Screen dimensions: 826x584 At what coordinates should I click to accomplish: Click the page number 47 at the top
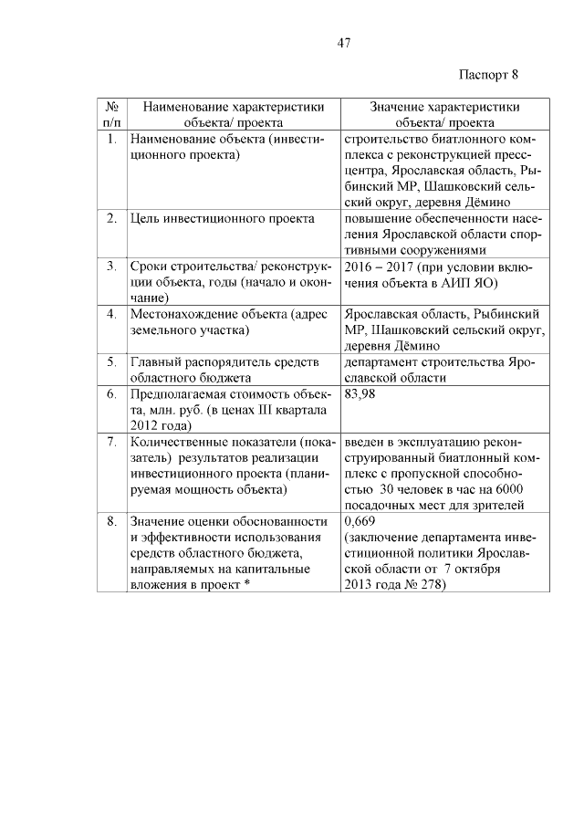[344, 42]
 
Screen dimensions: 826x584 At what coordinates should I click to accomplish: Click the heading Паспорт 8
[487, 74]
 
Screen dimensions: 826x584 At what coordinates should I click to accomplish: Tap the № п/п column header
[111, 113]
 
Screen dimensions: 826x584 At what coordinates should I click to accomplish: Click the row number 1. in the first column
[111, 140]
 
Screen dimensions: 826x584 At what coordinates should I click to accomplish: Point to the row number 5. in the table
[111, 362]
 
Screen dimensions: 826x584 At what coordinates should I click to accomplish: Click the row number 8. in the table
[111, 521]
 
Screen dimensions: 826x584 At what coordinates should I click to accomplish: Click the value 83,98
[361, 394]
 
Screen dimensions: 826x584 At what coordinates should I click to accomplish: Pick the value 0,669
[359, 521]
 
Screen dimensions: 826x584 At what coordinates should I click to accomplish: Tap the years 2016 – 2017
[380, 267]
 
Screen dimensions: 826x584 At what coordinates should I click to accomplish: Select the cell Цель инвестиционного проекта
[223, 218]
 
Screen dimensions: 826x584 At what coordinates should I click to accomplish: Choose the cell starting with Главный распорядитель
[224, 370]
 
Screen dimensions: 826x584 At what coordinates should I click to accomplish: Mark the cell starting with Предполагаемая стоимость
[231, 410]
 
